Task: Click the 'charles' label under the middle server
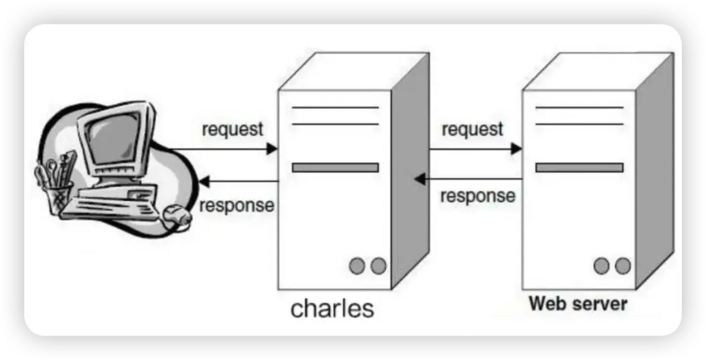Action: coord(332,309)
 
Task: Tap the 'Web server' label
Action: coord(578,304)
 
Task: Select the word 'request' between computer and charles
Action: coord(233,130)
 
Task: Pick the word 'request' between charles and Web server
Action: coord(472,130)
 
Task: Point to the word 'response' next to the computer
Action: coord(237,206)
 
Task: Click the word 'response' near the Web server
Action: coord(478,196)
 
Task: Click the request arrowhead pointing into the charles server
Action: coord(271,148)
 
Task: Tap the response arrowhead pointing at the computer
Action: coord(204,181)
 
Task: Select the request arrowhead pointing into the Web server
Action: coord(516,148)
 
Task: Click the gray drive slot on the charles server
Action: coord(335,168)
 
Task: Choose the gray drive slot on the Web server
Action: coord(579,168)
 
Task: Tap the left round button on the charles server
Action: coord(357,266)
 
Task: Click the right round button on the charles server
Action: coord(378,266)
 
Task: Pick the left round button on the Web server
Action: coord(601,266)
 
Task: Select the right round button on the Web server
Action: coord(622,266)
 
